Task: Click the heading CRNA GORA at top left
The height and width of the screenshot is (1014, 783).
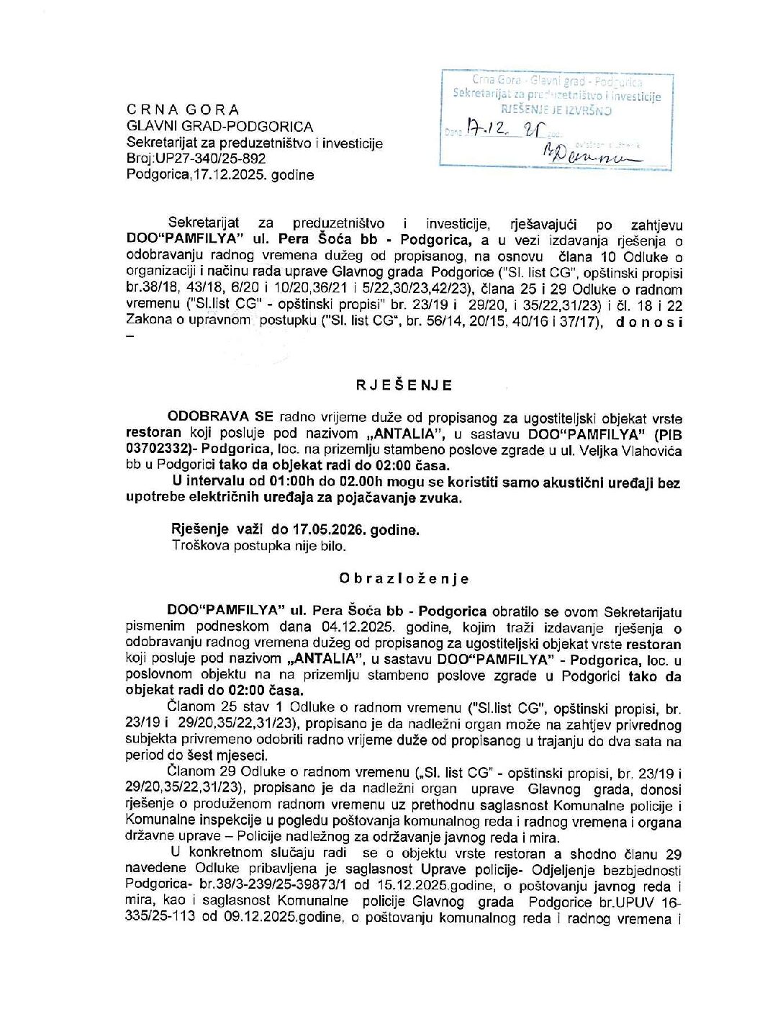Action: coord(183,109)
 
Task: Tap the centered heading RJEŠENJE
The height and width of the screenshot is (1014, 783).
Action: coord(404,385)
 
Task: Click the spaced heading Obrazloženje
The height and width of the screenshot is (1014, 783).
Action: coord(404,578)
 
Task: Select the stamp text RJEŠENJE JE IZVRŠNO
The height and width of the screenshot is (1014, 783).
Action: coord(556,110)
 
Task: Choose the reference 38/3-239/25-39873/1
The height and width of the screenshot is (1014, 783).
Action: coord(278,886)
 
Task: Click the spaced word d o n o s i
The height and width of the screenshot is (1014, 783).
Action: coord(648,322)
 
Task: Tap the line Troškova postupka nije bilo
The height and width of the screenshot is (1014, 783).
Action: coord(258,546)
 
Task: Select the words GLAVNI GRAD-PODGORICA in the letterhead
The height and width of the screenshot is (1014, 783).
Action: coord(219,126)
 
